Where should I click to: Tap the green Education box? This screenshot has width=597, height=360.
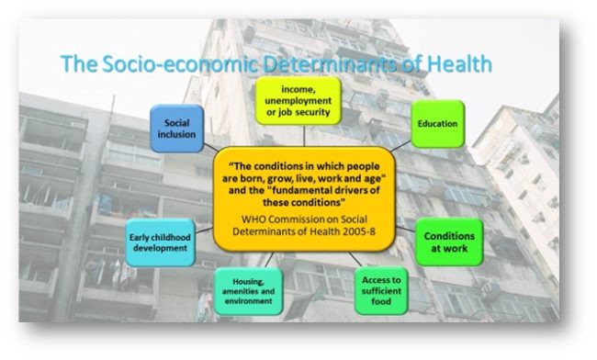(437, 124)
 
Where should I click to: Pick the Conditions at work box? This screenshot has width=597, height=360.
(449, 242)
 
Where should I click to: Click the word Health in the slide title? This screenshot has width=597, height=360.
(456, 63)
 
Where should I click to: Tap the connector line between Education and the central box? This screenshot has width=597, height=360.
(397, 145)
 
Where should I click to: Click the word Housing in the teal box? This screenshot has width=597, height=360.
(248, 279)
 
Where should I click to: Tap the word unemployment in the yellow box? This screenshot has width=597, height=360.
(298, 102)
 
